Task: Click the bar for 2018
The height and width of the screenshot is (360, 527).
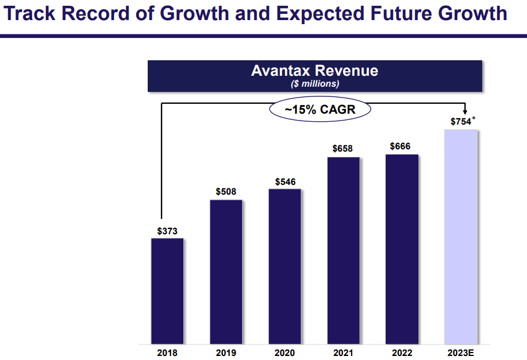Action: pos(167,291)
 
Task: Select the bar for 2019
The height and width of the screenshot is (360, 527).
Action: pos(226,272)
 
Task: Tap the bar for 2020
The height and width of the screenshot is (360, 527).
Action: pos(284,266)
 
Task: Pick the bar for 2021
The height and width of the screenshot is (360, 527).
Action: pos(343,250)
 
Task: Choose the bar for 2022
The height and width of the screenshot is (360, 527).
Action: pos(402,249)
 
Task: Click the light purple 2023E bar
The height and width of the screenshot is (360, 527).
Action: pos(460,237)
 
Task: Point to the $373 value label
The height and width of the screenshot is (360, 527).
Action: pos(167,231)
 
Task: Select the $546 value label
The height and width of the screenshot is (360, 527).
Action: pos(284,181)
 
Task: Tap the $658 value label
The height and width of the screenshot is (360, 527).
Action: pos(343,149)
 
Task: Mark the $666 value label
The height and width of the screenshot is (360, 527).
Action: pos(400,146)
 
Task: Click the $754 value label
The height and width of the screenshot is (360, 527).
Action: pos(460,122)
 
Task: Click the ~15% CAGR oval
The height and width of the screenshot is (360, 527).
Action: pos(320,109)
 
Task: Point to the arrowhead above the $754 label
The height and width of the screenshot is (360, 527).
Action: pos(464,113)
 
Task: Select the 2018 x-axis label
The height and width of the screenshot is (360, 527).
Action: pos(167,353)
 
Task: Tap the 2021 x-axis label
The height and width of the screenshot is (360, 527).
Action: pos(343,353)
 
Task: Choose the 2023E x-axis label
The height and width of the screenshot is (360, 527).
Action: pos(460,353)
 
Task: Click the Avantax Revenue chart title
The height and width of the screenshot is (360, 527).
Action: pos(314,71)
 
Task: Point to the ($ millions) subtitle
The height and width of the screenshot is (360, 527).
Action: pos(314,84)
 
